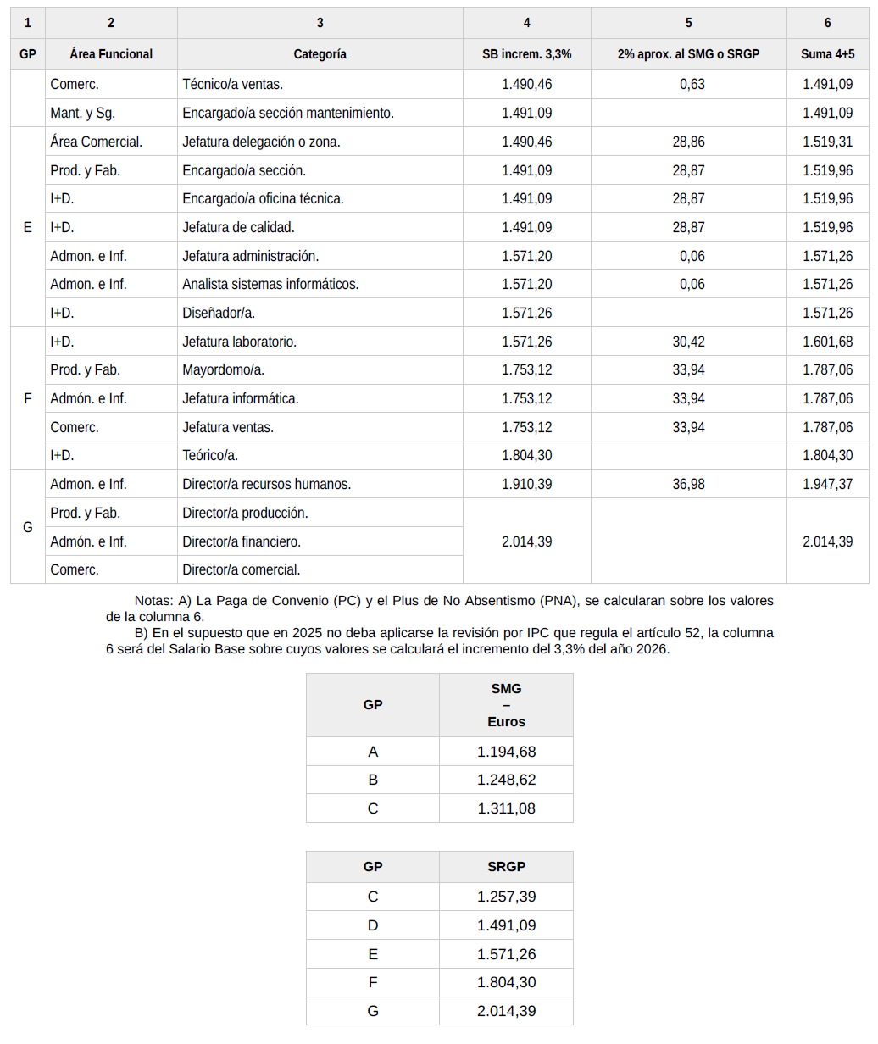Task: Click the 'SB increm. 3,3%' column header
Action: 526,54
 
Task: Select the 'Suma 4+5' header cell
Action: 827,54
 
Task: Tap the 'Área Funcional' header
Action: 111,54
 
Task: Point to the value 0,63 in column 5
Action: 692,85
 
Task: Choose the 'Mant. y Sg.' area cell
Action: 83,113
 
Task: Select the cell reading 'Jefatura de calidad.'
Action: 239,227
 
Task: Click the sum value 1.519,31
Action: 827,142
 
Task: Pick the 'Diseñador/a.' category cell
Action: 219,313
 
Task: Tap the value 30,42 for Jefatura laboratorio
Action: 688,342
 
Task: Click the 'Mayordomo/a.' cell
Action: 224,369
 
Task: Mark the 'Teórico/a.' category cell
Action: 210,455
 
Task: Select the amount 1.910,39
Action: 526,484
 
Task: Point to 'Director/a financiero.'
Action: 242,541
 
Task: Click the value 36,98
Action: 688,484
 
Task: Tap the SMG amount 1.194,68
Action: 506,752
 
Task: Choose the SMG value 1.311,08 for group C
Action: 506,808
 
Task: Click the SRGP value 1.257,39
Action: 506,897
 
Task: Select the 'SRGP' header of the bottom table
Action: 506,866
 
